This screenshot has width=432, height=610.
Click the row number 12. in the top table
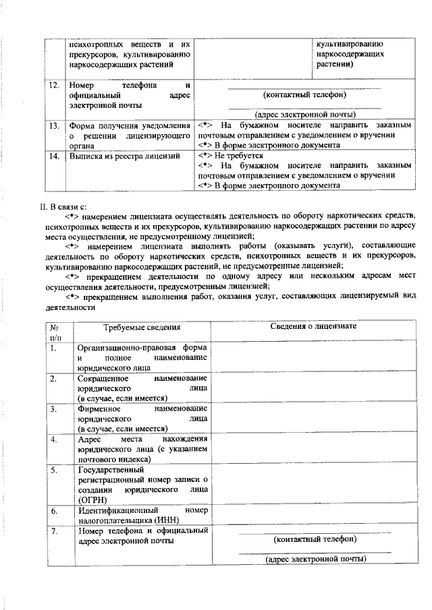(54, 86)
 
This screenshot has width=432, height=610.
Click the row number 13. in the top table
(54, 125)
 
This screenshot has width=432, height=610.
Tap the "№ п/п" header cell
(55, 332)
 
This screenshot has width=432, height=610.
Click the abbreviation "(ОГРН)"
(92, 500)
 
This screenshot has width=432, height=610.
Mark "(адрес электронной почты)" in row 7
(315, 559)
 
